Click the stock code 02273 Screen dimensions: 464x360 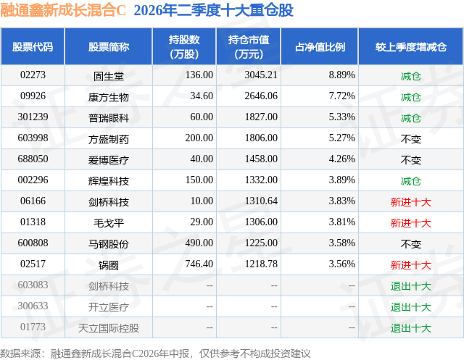[x=33, y=75]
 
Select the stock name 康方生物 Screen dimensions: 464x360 [x=108, y=97]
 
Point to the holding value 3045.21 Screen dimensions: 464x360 [x=261, y=75]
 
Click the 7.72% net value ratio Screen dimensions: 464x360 [x=341, y=96]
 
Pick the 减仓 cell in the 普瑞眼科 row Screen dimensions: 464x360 [x=411, y=118]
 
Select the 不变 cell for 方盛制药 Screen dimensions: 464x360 [x=411, y=139]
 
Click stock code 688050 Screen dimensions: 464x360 [x=33, y=159]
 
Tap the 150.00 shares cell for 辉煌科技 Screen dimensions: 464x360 [x=199, y=180]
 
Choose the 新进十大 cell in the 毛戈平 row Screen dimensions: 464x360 [x=411, y=223]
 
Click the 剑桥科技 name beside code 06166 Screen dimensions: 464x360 [x=108, y=202]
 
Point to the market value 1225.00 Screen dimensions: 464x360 [x=261, y=243]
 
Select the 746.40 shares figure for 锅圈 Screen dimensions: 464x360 [x=199, y=264]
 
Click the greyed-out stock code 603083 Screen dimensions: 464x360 [x=33, y=285]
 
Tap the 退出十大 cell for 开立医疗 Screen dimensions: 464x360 [x=411, y=307]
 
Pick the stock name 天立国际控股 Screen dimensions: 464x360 [x=108, y=328]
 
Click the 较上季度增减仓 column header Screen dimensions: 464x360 [x=411, y=46]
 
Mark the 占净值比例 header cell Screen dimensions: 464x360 [x=320, y=46]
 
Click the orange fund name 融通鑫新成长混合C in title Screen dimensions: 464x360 [x=63, y=10]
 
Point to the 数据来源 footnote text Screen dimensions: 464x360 [x=155, y=353]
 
